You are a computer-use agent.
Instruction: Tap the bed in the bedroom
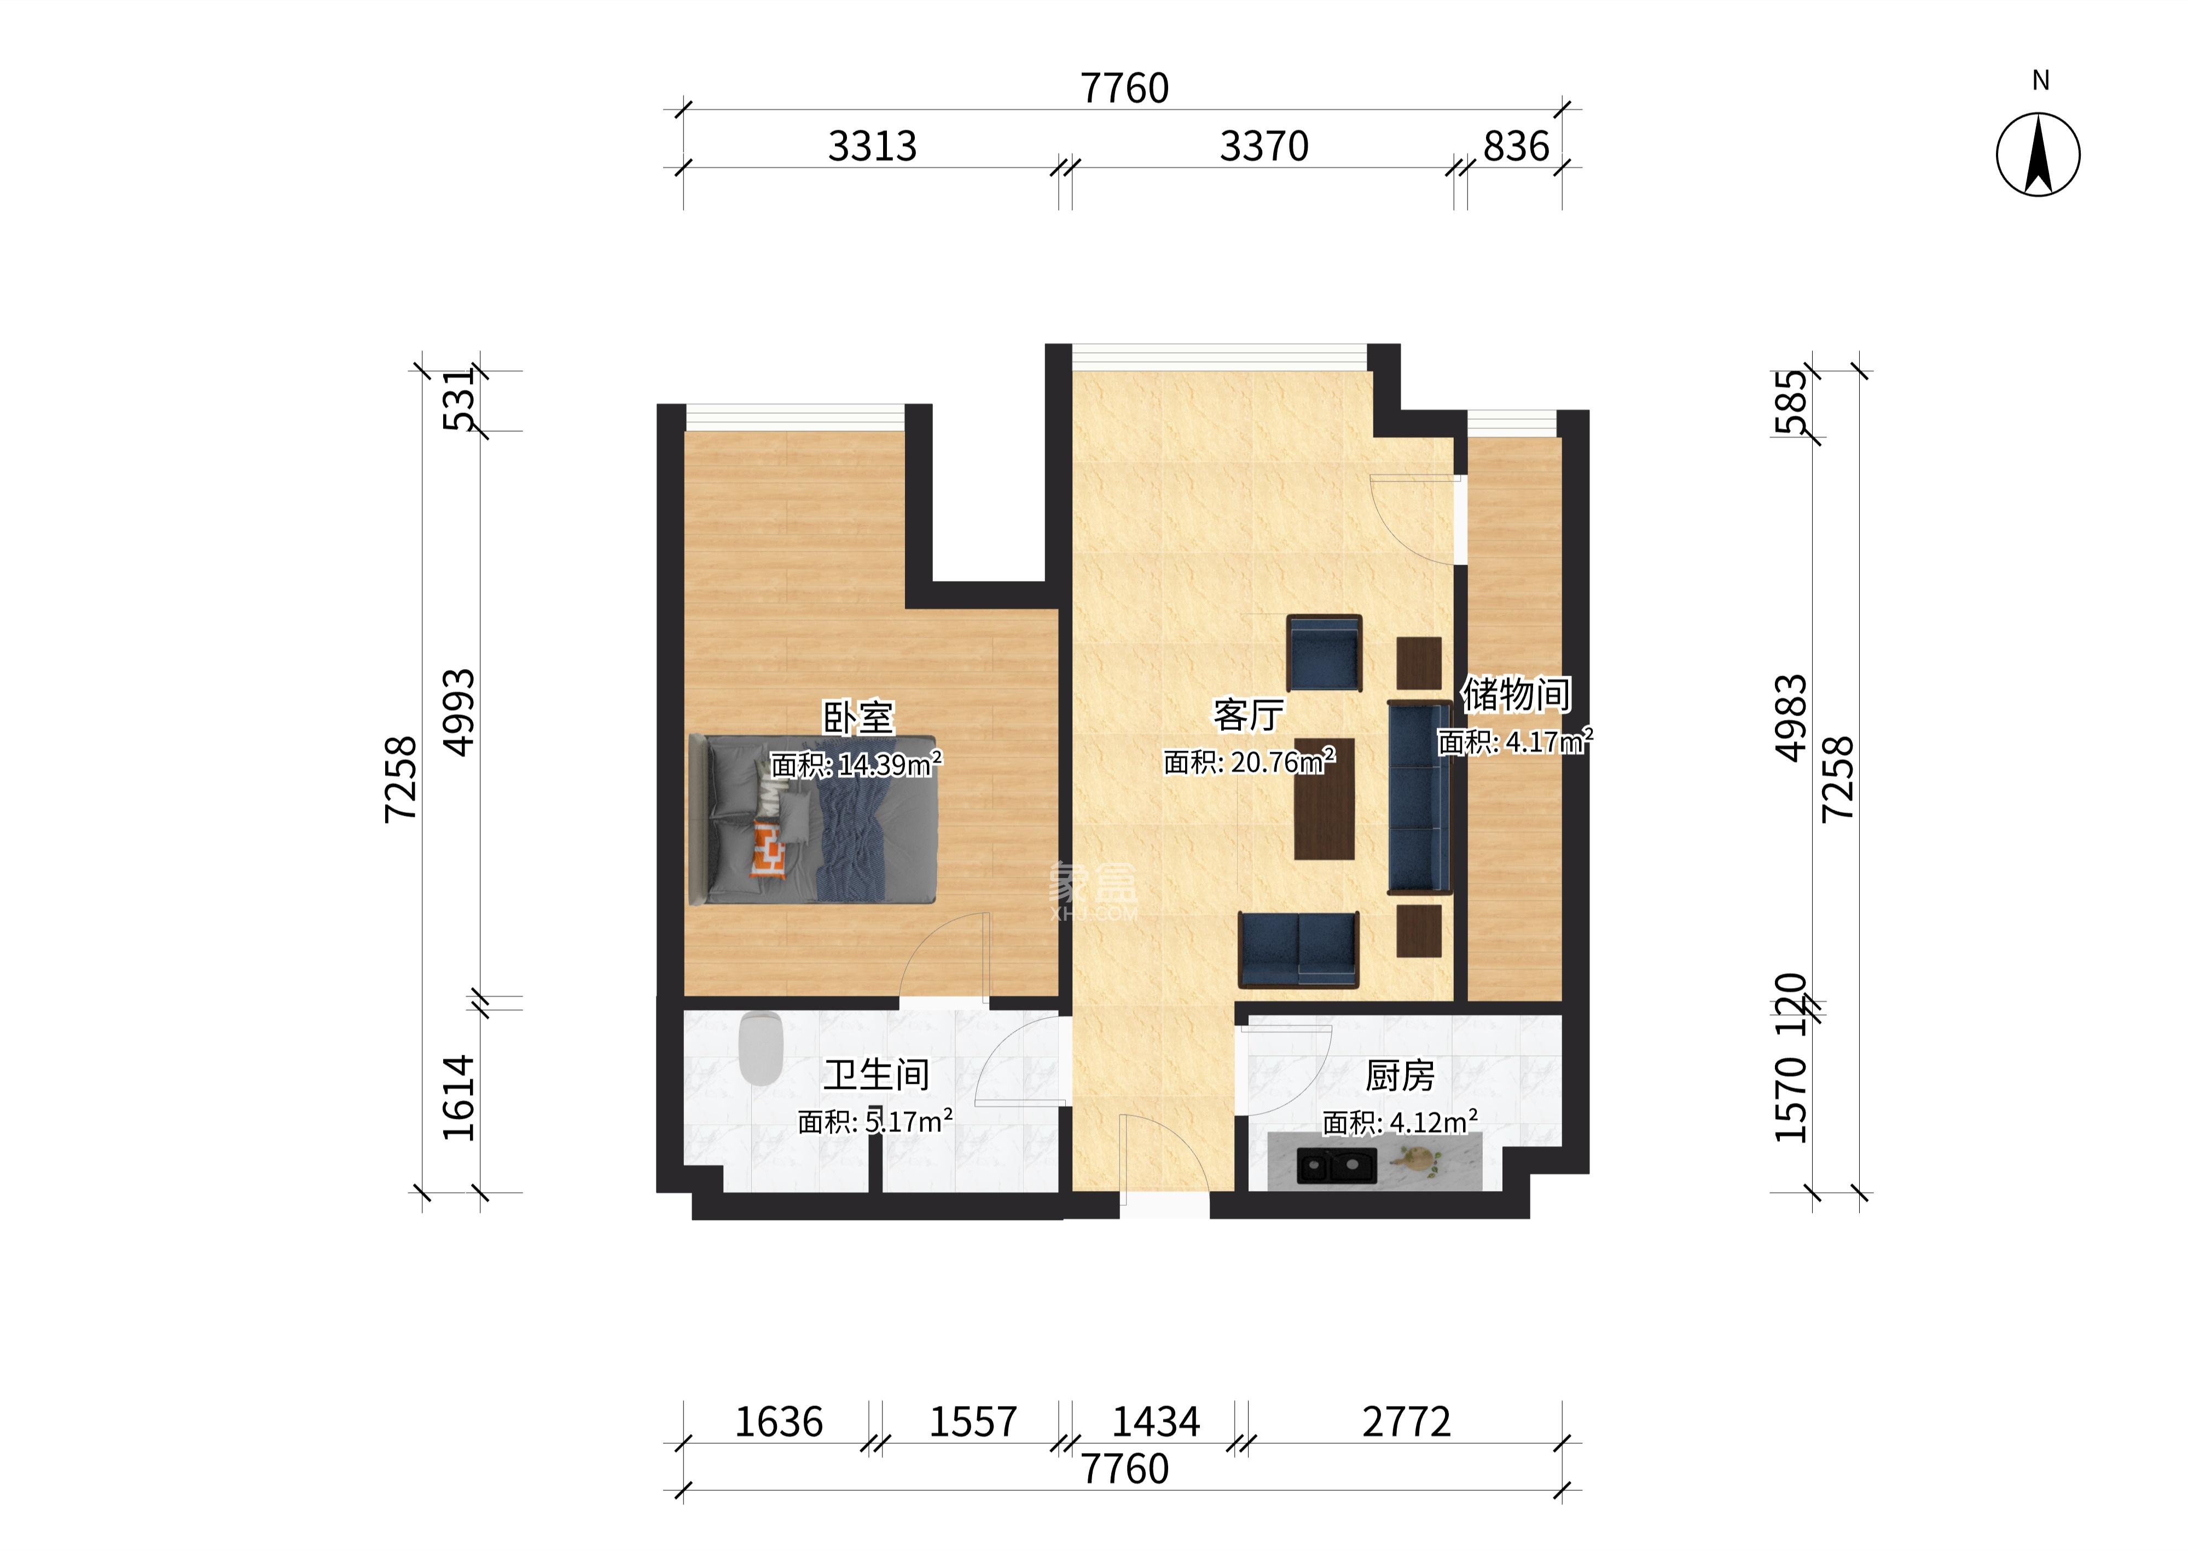tap(812, 820)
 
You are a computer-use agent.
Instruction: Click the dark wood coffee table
tap(1325, 798)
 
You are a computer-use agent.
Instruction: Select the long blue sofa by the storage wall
tap(1419, 798)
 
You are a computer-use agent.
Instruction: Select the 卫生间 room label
tap(877, 1076)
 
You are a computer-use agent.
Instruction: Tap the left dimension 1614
tap(460, 1099)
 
